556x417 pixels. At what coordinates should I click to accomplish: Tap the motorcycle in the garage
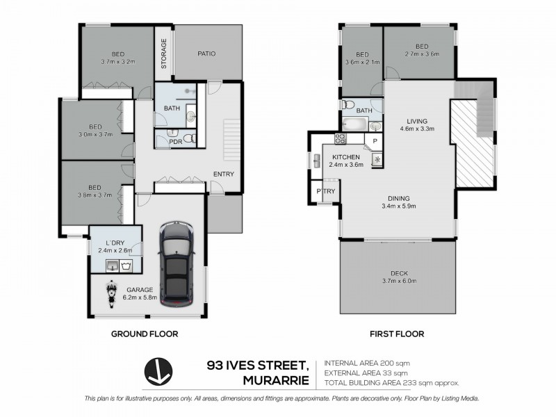coord(110,294)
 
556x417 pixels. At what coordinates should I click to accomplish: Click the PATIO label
coord(206,54)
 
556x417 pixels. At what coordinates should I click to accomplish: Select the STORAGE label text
coord(164,54)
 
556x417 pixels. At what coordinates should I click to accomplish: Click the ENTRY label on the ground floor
coord(223,174)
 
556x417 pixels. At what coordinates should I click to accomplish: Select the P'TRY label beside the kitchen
coord(324,191)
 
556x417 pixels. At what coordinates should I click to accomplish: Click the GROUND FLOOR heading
coord(145,334)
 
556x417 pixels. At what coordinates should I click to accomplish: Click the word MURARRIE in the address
coord(274,380)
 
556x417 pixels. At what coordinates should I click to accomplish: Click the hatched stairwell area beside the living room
coord(475,142)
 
